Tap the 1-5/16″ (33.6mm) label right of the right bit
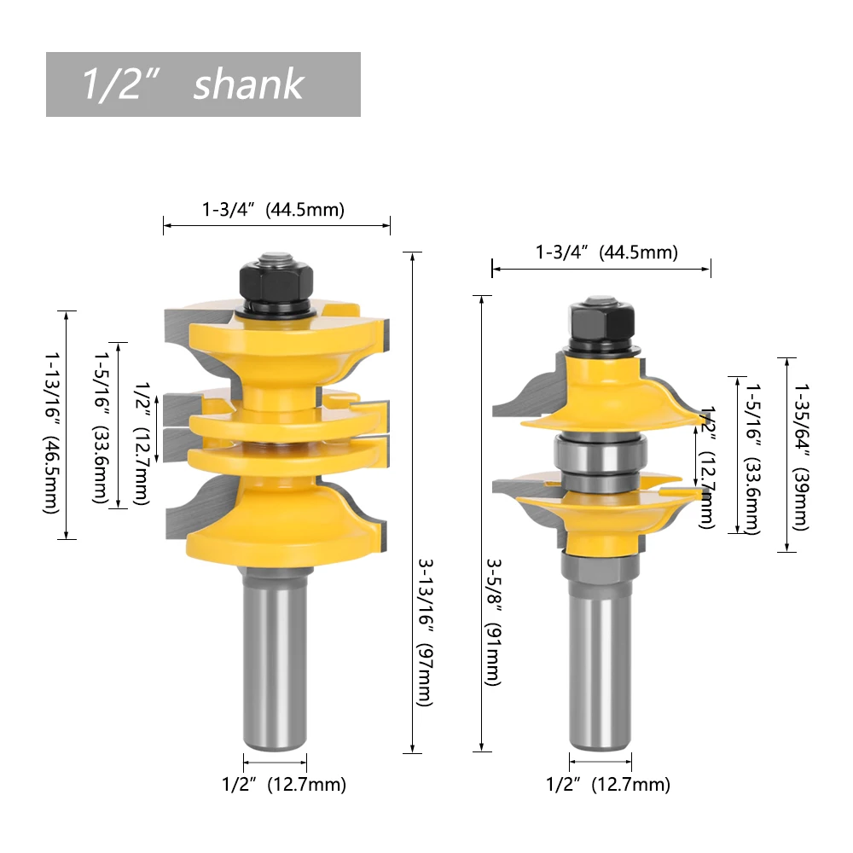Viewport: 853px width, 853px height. point(751,456)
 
